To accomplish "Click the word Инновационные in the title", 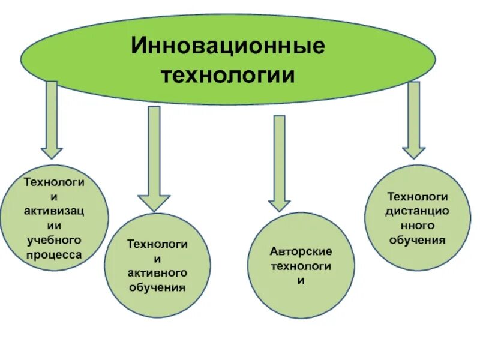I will [x=229, y=47].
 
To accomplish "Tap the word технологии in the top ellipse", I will [x=229, y=76].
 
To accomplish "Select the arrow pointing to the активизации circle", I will [x=51, y=120].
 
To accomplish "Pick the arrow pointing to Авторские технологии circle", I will [x=279, y=162].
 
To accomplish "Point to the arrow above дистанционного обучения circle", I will [x=413, y=120].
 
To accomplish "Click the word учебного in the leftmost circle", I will [x=53, y=239].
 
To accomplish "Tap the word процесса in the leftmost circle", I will [x=53, y=254].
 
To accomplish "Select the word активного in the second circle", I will [x=158, y=272].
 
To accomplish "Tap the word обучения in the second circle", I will [x=158, y=287].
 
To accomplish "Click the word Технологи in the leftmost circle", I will [x=54, y=181].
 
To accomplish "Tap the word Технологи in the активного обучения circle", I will [x=158, y=244].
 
